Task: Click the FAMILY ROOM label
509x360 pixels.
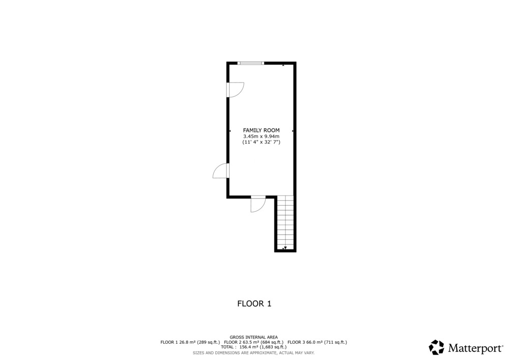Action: point(261,130)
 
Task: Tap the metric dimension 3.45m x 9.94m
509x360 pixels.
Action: point(261,136)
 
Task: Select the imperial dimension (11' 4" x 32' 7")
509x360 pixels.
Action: point(261,142)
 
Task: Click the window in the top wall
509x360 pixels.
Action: point(250,63)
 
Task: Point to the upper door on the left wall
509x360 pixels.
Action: point(235,90)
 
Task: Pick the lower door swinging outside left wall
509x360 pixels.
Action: point(221,171)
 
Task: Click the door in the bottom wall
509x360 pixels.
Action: point(259,204)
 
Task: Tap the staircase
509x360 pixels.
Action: point(286,223)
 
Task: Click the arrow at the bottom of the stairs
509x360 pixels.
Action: point(285,248)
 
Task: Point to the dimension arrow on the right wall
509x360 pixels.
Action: point(293,131)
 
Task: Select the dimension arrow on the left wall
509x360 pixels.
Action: point(230,131)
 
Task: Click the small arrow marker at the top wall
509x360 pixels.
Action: point(284,65)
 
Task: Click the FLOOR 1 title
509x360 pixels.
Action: point(254,303)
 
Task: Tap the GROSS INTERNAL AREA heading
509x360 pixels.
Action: point(253,337)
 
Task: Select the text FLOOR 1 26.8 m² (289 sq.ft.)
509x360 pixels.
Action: point(190,342)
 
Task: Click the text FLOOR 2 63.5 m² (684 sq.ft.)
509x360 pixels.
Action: point(253,342)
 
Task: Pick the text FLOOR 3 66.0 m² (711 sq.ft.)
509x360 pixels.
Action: point(317,342)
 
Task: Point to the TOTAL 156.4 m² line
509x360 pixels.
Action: point(253,347)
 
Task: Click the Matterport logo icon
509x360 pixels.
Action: point(436,347)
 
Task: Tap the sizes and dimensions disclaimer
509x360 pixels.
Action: point(253,353)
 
